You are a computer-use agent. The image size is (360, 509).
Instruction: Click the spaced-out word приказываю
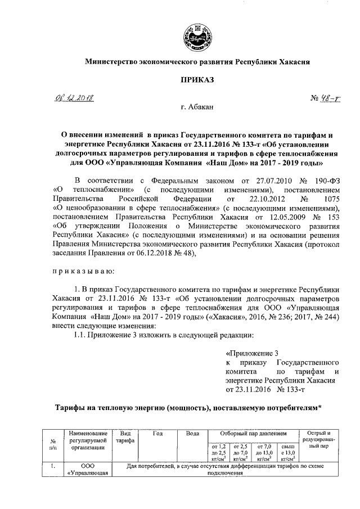coord(83,271)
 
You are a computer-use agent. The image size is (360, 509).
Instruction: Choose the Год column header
coord(157,433)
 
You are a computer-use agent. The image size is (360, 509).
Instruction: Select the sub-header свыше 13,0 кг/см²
coord(288,452)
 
